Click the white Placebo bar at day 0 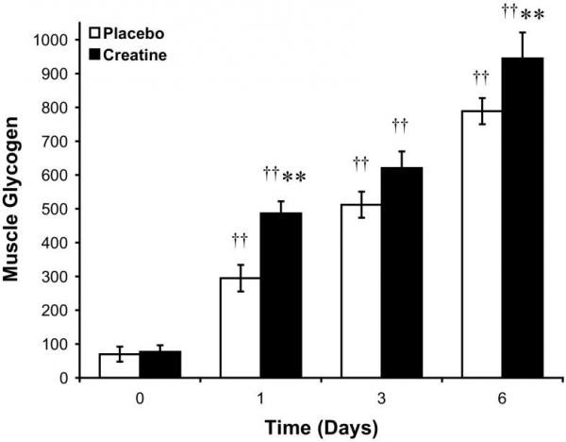click(120, 365)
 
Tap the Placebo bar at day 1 click(241, 328)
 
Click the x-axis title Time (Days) click(320, 426)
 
